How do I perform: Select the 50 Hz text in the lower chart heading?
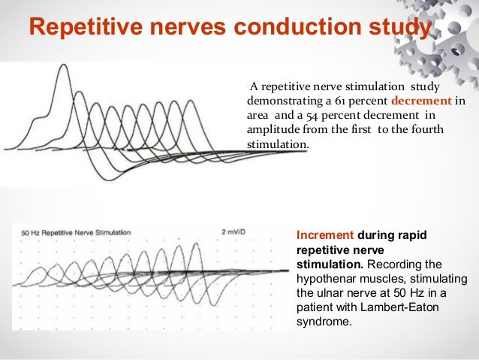32,232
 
